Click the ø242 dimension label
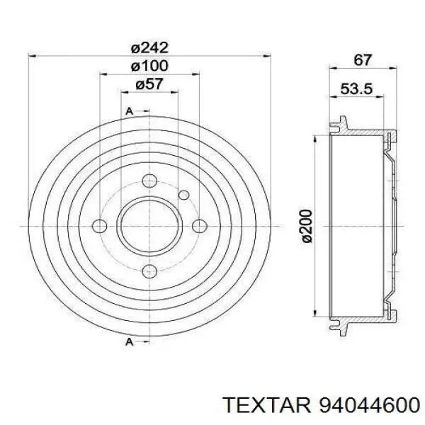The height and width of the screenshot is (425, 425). tap(149, 48)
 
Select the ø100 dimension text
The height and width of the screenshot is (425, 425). tap(149, 66)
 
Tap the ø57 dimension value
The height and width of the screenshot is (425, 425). tap(149, 84)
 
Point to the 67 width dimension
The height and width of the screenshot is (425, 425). tap(363, 59)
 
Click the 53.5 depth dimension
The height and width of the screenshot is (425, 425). tap(356, 89)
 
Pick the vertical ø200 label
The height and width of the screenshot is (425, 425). tap(307, 226)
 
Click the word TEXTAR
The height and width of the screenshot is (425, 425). tap(267, 405)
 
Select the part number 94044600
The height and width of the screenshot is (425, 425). tap(370, 405)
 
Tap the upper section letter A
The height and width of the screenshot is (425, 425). tap(130, 111)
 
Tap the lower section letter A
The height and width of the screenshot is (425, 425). tap(130, 342)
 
